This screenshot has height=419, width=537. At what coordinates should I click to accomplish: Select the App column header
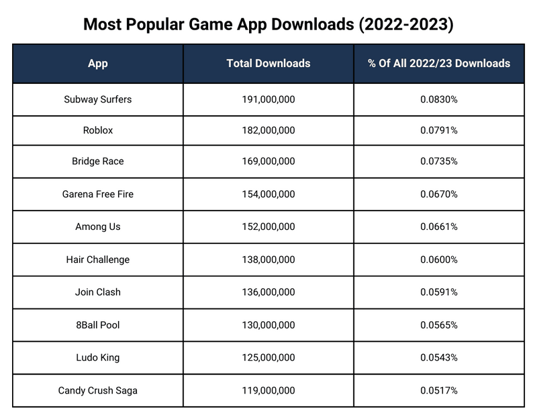click(x=97, y=64)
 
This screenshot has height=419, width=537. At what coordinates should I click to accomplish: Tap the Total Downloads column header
click(x=268, y=64)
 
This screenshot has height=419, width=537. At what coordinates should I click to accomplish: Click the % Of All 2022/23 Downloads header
click(x=439, y=64)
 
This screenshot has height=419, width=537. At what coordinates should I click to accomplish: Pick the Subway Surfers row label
click(x=97, y=99)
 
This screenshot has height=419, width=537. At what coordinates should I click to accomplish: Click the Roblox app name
click(x=97, y=131)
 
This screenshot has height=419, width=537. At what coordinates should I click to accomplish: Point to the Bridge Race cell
click(x=97, y=162)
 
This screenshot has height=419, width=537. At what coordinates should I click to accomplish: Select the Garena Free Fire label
click(x=97, y=194)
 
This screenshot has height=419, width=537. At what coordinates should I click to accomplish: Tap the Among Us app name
click(x=97, y=227)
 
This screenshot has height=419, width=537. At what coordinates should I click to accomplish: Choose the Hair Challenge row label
click(x=97, y=259)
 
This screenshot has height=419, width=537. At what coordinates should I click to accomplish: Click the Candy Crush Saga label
click(x=97, y=390)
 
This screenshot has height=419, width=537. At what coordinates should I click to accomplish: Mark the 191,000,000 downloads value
click(x=268, y=99)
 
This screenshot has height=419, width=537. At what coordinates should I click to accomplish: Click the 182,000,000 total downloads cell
click(x=268, y=131)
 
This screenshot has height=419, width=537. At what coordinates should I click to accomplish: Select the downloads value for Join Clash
click(x=268, y=292)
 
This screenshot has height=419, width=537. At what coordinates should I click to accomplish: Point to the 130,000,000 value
click(x=268, y=325)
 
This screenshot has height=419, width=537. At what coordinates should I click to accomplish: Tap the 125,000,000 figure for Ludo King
click(x=268, y=357)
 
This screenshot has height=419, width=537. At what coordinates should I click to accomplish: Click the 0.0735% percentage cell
click(x=439, y=162)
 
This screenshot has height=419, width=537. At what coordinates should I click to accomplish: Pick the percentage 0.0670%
click(x=439, y=194)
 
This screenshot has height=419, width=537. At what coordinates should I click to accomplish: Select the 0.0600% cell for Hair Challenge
click(x=439, y=259)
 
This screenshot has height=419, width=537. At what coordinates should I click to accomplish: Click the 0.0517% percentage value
click(x=439, y=390)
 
